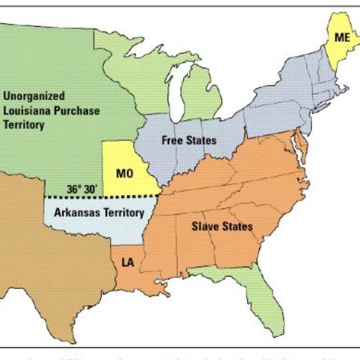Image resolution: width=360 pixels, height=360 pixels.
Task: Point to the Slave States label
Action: pyautogui.click(x=222, y=227)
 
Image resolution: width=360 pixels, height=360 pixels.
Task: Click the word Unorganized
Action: pyautogui.click(x=35, y=95)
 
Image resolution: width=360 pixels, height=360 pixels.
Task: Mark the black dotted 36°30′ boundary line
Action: pyautogui.click(x=130, y=196)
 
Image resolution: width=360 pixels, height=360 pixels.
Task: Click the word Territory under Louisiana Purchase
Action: pyautogui.click(x=24, y=125)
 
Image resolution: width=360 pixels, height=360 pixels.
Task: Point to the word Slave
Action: pyautogui.click(x=205, y=227)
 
